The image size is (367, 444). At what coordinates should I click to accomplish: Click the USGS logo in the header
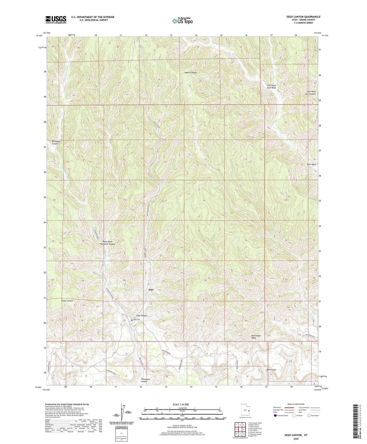[56, 19]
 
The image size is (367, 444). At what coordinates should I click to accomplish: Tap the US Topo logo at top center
[182, 21]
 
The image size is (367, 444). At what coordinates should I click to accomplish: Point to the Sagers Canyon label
[190, 73]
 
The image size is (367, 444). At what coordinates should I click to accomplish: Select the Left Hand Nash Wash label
[271, 87]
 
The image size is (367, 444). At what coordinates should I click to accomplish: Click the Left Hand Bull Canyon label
[311, 93]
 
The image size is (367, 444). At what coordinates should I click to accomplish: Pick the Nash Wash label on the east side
[311, 165]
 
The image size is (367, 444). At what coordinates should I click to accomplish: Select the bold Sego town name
[151, 290]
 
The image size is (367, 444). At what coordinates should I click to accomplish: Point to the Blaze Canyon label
[67, 301]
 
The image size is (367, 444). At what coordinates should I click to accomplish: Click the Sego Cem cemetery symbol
[132, 320]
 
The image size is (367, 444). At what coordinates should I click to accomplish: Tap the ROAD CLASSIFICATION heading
[296, 404]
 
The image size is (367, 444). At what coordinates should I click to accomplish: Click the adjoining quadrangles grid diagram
[240, 430]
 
